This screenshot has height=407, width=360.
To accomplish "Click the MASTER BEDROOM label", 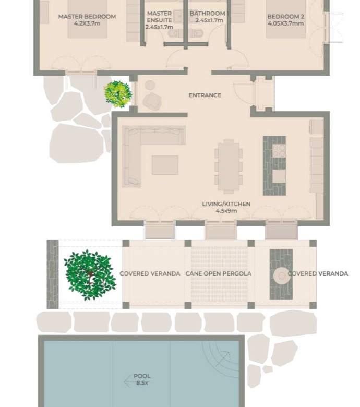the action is [87, 16].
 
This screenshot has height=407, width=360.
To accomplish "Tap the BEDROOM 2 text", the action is [285, 17].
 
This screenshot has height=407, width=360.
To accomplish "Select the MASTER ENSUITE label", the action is [159, 17].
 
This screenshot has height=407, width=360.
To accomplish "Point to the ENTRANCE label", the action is [205, 95].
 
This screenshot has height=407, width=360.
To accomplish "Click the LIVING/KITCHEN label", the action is [226, 204].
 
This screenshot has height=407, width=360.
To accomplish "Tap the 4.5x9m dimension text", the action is [226, 211].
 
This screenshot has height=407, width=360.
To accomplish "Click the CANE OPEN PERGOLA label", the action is [218, 273].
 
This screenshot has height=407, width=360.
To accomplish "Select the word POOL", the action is [142, 376].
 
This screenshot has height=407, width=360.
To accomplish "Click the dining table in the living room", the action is [229, 166].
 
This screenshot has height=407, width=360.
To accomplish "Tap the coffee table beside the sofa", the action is [165, 165].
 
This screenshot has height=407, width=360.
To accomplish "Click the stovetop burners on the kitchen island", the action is [279, 151].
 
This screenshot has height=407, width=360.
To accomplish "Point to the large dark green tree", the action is [90, 275].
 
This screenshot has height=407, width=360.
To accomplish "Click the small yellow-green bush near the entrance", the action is [118, 94].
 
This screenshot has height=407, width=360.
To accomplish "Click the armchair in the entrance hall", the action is [152, 101].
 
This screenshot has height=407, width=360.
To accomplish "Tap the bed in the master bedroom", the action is [87, 19].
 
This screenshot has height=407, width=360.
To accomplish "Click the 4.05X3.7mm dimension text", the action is [285, 23].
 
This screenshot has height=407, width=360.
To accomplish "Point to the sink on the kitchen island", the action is [279, 176].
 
